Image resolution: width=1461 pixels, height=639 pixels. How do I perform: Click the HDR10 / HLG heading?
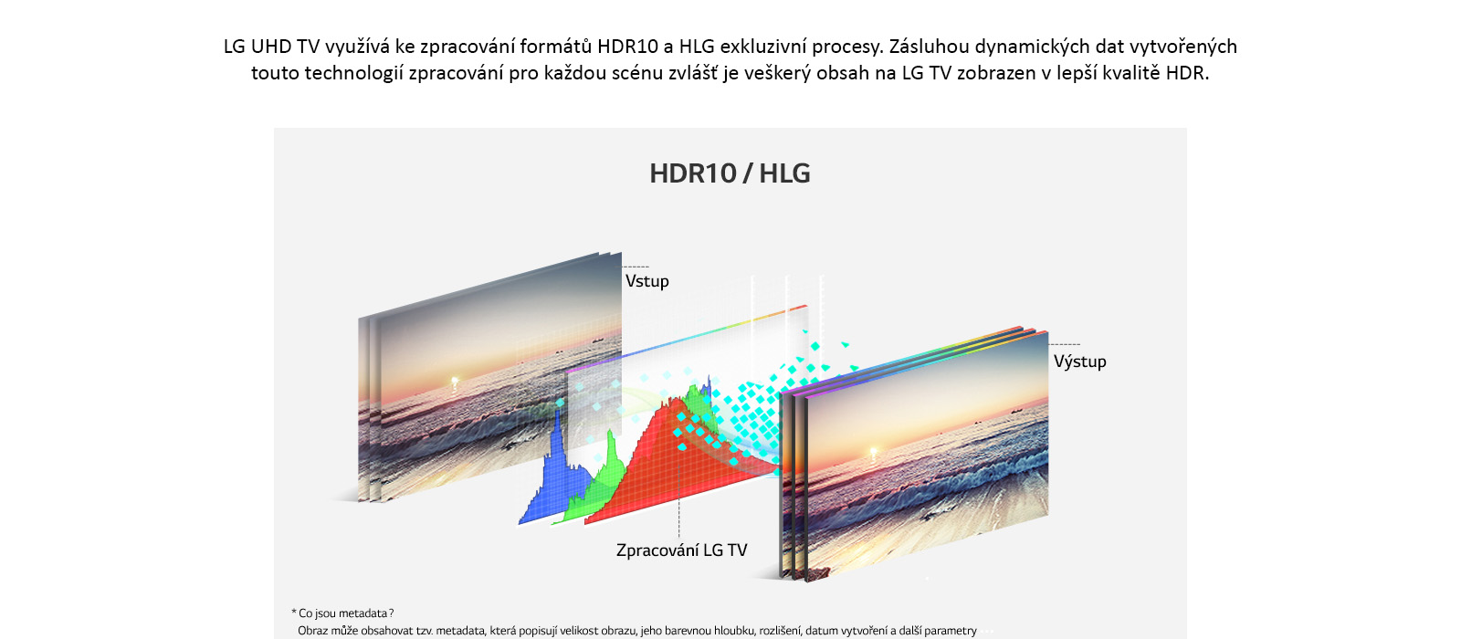pyautogui.click(x=730, y=173)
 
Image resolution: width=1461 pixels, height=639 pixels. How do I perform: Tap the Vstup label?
pyautogui.click(x=647, y=282)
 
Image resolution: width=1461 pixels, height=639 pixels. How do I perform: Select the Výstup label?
pyautogui.click(x=1079, y=361)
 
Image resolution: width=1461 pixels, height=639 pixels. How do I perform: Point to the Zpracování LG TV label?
pyautogui.click(x=681, y=550)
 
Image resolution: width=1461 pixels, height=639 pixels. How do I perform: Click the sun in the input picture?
pyautogui.click(x=455, y=381)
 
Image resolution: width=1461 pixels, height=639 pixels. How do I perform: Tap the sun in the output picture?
pyautogui.click(x=874, y=451)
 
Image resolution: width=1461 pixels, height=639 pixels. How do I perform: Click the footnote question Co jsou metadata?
pyautogui.click(x=342, y=613)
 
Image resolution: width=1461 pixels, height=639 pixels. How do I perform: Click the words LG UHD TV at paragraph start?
pyautogui.click(x=271, y=47)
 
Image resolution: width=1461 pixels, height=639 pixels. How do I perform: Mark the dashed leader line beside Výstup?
pyautogui.click(x=1064, y=344)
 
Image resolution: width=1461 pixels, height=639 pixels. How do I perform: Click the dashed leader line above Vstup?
pyautogui.click(x=636, y=267)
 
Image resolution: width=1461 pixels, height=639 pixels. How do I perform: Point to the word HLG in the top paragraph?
pyautogui.click(x=697, y=47)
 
